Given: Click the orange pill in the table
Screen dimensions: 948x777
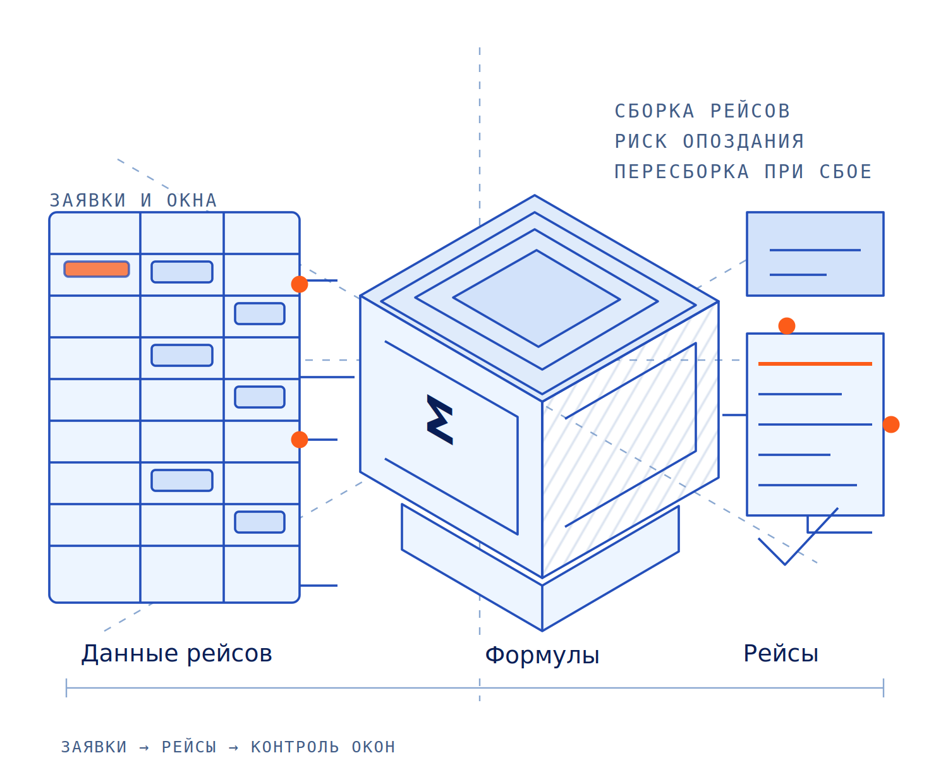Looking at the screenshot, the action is [x=97, y=269].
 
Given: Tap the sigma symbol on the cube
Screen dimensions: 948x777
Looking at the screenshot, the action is [x=440, y=419].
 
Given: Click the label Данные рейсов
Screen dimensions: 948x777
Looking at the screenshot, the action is [x=177, y=654].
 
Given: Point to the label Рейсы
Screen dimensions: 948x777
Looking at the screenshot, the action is [x=781, y=654].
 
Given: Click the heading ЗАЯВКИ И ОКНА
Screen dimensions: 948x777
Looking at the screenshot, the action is [x=133, y=200].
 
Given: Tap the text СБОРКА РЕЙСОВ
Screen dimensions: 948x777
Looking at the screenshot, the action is [x=702, y=111].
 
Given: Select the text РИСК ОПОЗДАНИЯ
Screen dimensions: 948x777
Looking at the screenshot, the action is [x=709, y=141].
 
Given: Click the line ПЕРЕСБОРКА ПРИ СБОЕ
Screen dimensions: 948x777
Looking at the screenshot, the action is [x=743, y=172].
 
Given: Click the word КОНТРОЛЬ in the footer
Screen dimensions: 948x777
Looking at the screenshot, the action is [x=295, y=747].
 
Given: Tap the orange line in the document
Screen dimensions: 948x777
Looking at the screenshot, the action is [x=815, y=364].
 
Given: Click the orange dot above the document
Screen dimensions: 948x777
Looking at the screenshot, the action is [x=787, y=326].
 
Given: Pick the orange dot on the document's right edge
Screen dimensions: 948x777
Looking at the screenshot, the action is [x=891, y=425].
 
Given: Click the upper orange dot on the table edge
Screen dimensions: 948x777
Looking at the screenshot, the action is [x=300, y=284].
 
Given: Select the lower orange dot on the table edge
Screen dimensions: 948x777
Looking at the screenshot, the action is [x=300, y=440].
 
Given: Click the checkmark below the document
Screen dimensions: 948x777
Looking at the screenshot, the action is [x=785, y=563].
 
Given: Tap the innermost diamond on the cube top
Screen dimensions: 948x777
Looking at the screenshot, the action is [x=537, y=298].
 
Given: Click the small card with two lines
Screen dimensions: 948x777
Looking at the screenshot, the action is [x=815, y=254].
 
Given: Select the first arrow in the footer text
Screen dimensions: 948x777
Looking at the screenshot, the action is [x=144, y=748].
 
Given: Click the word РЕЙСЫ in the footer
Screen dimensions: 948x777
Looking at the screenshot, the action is [x=189, y=747].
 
